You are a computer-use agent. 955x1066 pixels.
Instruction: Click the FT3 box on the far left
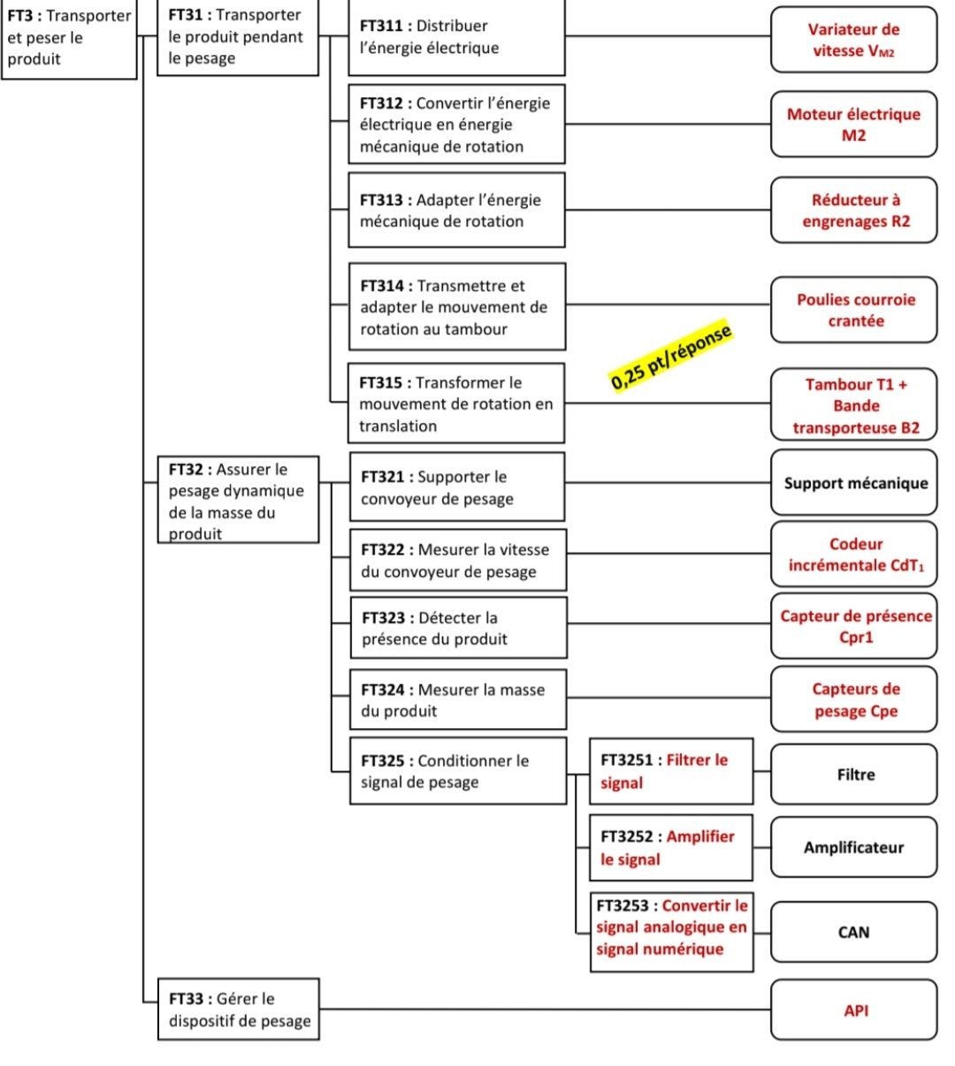click(x=69, y=39)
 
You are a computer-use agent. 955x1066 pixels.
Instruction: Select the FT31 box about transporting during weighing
click(x=238, y=37)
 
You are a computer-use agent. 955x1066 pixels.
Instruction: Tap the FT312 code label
click(x=381, y=104)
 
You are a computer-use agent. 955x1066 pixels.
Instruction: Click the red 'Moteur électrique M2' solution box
click(x=853, y=124)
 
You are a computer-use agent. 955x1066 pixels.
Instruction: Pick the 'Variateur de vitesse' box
click(x=853, y=40)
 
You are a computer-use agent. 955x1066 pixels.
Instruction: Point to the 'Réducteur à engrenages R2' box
click(x=853, y=210)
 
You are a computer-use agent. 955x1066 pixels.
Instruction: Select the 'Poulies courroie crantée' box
click(x=853, y=310)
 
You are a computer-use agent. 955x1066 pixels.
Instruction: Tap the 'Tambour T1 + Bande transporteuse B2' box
click(x=853, y=404)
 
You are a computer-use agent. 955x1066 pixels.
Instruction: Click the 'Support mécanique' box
click(x=853, y=482)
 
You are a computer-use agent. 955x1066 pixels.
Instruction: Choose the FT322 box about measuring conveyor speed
click(x=458, y=560)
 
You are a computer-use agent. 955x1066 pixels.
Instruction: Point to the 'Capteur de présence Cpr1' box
click(x=853, y=626)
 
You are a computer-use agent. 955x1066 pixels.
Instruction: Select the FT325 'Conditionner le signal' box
click(x=458, y=771)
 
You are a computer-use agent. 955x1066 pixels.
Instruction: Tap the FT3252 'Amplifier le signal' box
click(x=670, y=847)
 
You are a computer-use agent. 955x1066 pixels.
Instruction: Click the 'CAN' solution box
click(x=853, y=932)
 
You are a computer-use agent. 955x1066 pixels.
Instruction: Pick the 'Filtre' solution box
click(x=853, y=774)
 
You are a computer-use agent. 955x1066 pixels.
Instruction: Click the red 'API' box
click(x=853, y=1009)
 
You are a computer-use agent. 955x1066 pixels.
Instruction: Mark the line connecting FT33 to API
click(x=545, y=1009)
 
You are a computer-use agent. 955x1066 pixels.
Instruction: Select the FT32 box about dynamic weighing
click(x=238, y=499)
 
